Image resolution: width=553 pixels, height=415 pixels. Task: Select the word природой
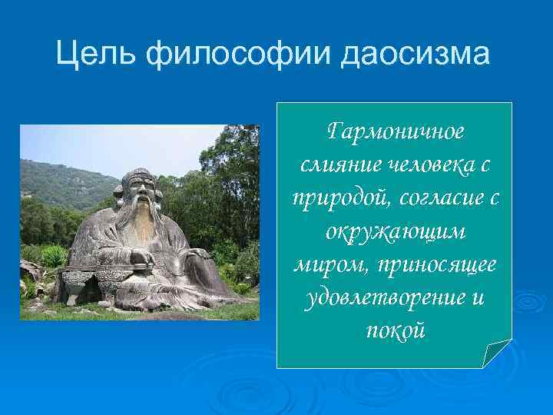[341, 198]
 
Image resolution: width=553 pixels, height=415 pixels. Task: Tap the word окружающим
[396, 231]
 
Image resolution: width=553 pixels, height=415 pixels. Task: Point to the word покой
[396, 330]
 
